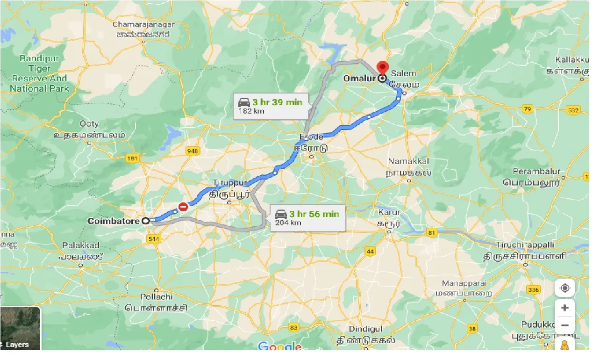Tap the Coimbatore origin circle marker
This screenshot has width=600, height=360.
[x=146, y=221]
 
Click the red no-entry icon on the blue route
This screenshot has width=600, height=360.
[x=184, y=206]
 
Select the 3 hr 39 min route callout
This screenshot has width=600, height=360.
[x=271, y=106]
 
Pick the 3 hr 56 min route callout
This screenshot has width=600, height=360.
[x=307, y=217]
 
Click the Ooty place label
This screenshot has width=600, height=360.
[x=89, y=124]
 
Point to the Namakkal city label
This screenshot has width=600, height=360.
[x=408, y=161]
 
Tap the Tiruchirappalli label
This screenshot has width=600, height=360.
[x=525, y=245]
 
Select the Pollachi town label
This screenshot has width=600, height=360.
[x=156, y=297]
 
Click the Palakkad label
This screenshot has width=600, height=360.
[x=81, y=245]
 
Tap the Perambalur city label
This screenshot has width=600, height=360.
[x=536, y=172]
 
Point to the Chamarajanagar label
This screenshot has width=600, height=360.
[x=143, y=24]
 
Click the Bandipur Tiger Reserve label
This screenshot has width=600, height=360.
[x=40, y=73]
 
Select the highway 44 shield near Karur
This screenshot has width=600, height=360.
[x=371, y=252]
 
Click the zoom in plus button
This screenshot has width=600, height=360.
[x=564, y=308]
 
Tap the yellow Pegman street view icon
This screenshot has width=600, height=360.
[x=564, y=346]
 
